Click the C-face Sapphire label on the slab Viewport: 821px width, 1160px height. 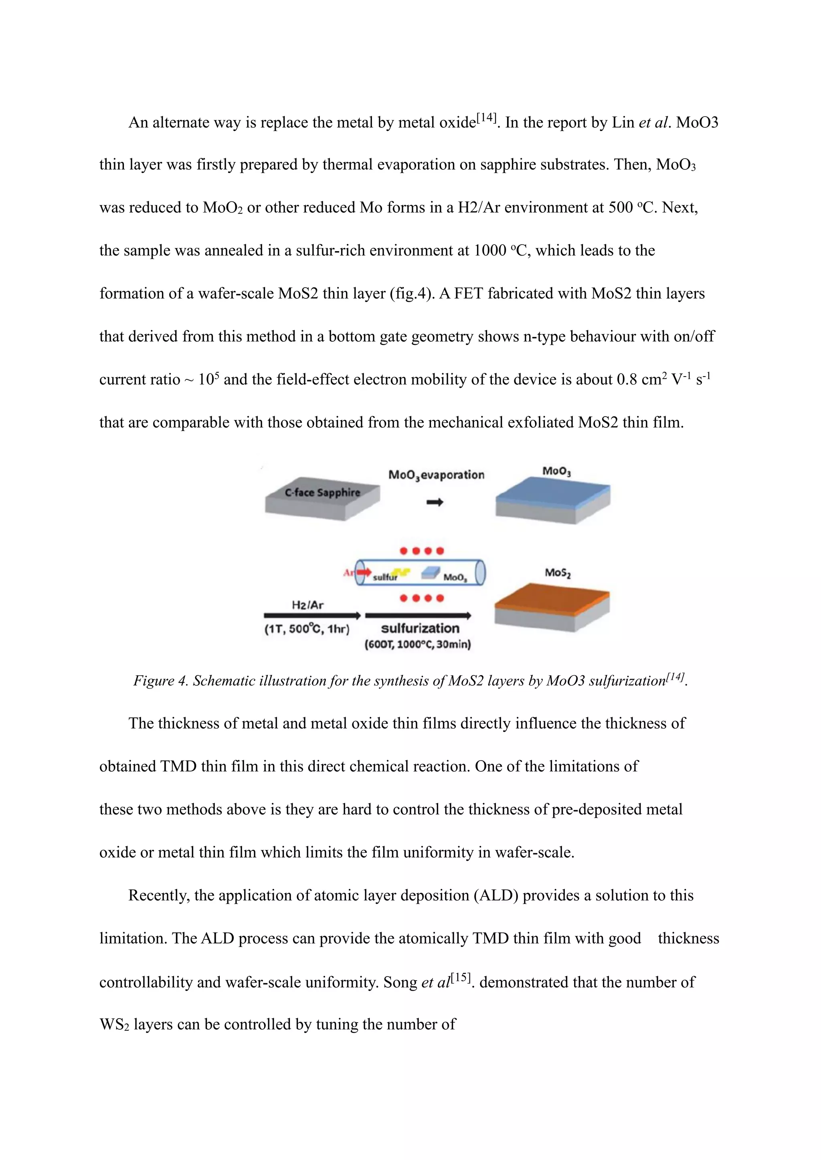click(322, 492)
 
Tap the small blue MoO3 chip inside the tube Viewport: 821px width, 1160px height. click(430, 572)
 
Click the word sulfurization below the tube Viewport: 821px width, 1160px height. click(420, 628)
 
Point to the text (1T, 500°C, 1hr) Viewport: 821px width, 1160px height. click(307, 629)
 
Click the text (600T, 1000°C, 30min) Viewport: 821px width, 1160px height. click(418, 644)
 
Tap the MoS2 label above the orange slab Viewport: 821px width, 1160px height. click(558, 572)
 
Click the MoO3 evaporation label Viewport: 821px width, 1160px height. click(436, 475)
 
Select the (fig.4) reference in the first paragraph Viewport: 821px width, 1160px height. click(412, 294)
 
